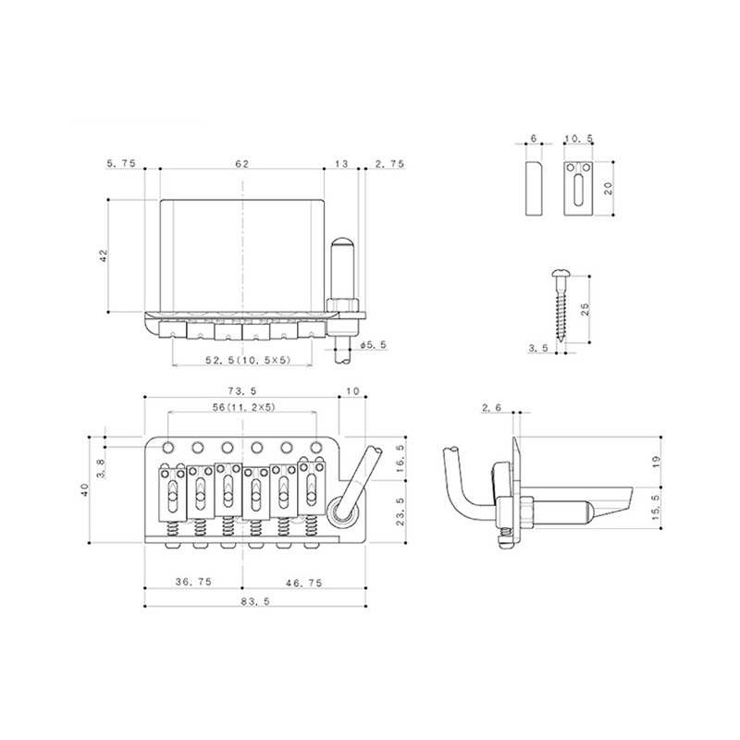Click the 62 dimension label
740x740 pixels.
(x=241, y=164)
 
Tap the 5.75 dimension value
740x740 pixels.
(x=121, y=164)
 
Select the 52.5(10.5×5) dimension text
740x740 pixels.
(x=248, y=360)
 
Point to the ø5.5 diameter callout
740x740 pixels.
(x=373, y=345)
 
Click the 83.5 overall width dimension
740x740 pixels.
(x=255, y=602)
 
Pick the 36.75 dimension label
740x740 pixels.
(x=193, y=582)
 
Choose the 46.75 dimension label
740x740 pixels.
(x=304, y=583)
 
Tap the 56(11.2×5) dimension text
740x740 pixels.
(x=244, y=407)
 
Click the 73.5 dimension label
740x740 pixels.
(x=241, y=391)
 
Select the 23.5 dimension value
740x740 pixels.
(x=401, y=512)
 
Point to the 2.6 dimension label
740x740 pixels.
(x=491, y=408)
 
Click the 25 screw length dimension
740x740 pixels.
(x=585, y=309)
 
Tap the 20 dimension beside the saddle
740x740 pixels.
(x=609, y=189)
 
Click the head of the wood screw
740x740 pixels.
(x=558, y=272)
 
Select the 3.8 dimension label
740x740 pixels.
(x=101, y=468)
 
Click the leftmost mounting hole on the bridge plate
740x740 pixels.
(x=167, y=447)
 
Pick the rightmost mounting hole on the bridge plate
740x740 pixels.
(x=315, y=447)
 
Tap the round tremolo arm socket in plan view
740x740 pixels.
(x=341, y=512)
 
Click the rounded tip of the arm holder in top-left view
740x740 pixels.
(x=343, y=244)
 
